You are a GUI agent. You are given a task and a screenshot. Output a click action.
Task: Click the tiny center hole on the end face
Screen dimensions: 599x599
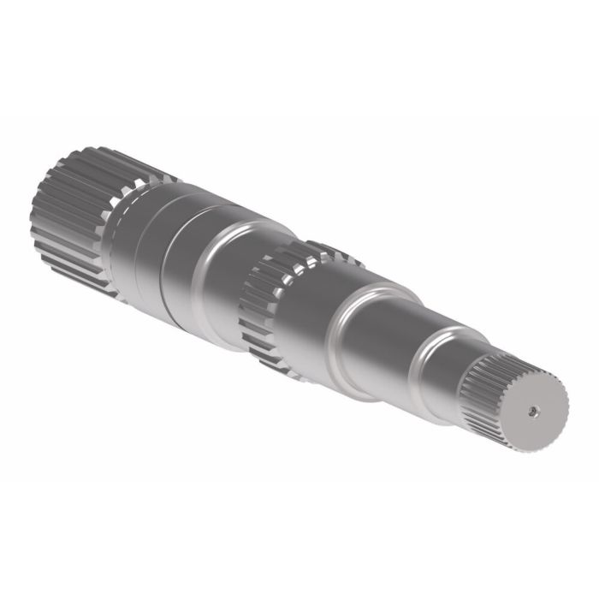531,410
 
